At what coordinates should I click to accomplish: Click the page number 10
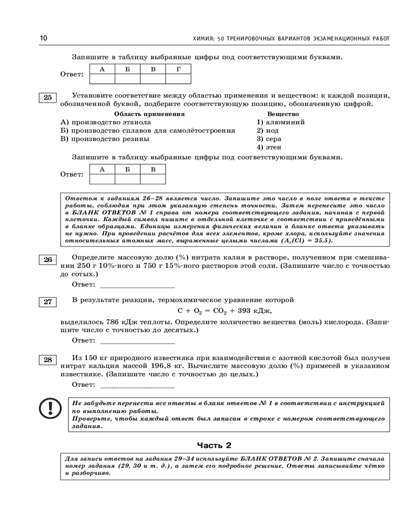[x=43, y=38]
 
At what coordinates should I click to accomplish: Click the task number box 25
[x=48, y=97]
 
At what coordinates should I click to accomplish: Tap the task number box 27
[x=48, y=302]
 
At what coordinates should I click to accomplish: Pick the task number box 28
[x=48, y=359]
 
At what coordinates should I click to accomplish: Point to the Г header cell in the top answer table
[x=178, y=69]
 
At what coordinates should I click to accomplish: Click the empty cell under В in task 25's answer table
[x=153, y=179]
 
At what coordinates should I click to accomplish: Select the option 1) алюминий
[x=281, y=122]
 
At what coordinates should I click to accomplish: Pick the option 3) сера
[x=269, y=139]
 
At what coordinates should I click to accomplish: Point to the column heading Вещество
[x=283, y=114]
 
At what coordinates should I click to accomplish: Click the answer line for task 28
[x=137, y=386]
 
